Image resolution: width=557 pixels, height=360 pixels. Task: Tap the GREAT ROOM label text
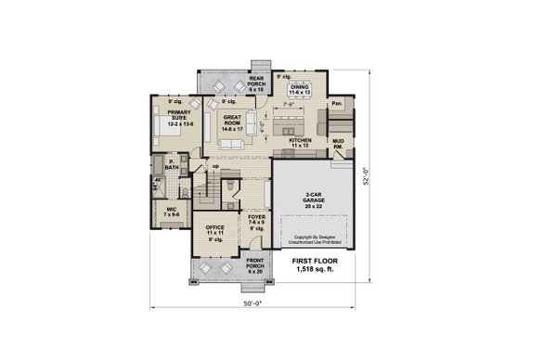point(232,122)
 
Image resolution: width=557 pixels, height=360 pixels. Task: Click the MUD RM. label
point(339,145)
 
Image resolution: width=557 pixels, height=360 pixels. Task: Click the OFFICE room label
point(215,228)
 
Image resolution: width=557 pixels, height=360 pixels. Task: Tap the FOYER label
point(256,221)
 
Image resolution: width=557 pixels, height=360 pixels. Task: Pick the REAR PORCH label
point(257,84)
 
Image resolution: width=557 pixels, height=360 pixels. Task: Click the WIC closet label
point(172,212)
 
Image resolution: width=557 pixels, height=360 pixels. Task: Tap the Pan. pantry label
point(337,103)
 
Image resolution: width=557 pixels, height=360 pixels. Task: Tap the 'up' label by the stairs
point(216,167)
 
